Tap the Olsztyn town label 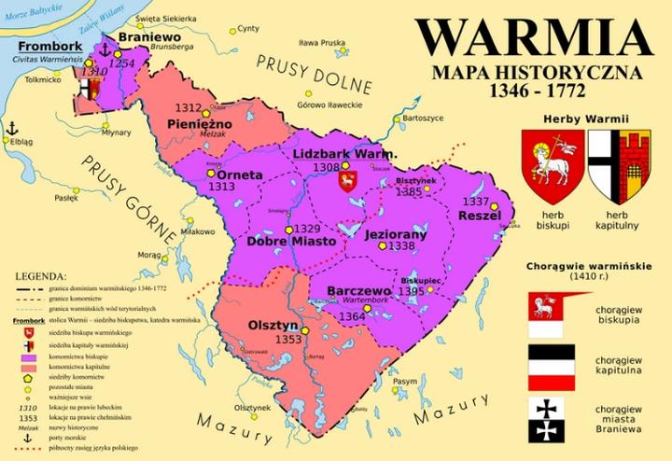(x=273, y=325)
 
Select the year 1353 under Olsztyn (x=288, y=339)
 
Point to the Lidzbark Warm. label (x=345, y=153)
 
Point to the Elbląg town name (x=20, y=142)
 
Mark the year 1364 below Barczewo (x=352, y=316)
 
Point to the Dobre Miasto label (x=291, y=242)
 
